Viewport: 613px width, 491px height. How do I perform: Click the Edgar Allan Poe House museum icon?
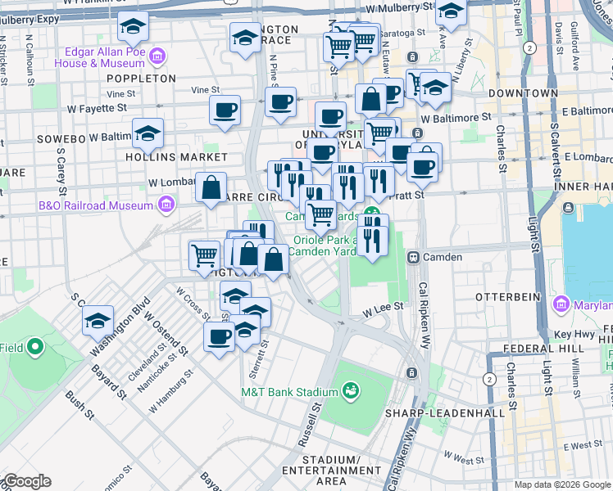(157, 57)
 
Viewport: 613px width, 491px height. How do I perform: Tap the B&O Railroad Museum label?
(96, 205)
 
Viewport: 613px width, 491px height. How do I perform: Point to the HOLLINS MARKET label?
(164, 155)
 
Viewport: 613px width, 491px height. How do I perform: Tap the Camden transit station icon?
(414, 257)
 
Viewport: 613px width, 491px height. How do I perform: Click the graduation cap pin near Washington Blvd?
(98, 320)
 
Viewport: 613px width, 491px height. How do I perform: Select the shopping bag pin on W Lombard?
(211, 187)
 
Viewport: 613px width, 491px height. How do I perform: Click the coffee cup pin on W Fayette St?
(224, 110)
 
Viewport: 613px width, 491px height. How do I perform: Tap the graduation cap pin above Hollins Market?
(148, 133)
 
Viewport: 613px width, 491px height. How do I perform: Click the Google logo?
(28, 480)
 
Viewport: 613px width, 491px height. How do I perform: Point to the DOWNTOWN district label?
(523, 94)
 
